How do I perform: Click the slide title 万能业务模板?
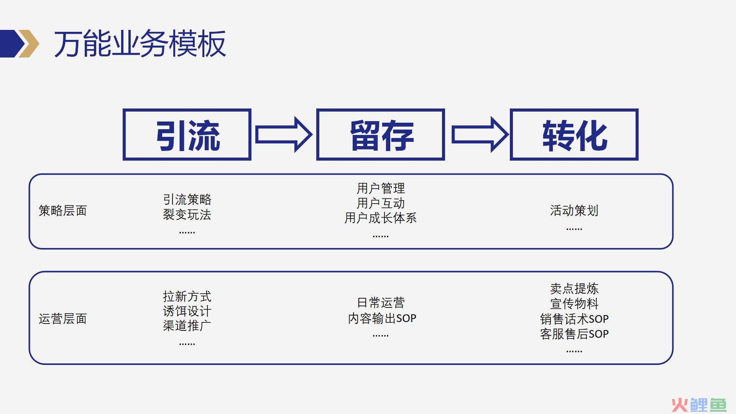pos(140,44)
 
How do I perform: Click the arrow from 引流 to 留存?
pos(284,135)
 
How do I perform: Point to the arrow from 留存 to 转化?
pos(480,135)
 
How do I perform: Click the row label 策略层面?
pos(63,210)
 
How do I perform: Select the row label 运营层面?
pos(63,319)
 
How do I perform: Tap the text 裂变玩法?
pos(187,214)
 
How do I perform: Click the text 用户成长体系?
pos(381,218)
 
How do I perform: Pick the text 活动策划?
pos(574,210)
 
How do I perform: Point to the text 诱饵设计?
pos(187,311)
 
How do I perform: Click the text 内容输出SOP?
pos(382,318)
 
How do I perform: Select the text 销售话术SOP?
pos(574,319)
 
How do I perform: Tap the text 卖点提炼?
pos(574,288)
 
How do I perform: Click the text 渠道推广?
pos(187,326)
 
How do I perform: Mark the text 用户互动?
pos(381,203)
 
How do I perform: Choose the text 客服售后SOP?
pos(574,334)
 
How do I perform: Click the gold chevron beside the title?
pos(31,44)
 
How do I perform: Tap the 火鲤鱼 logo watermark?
pos(699,405)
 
